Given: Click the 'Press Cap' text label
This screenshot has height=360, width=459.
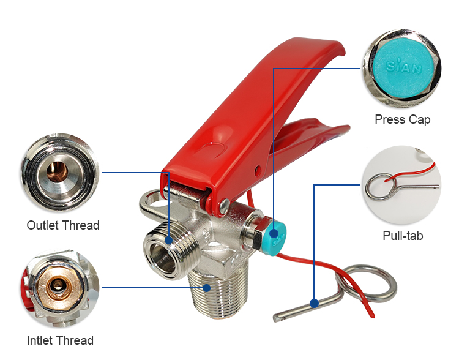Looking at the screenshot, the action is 403,119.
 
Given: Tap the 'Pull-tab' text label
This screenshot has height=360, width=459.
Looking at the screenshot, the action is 403,236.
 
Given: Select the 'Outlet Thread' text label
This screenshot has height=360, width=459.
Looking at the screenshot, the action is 63,225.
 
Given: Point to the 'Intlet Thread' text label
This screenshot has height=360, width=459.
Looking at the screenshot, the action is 60,340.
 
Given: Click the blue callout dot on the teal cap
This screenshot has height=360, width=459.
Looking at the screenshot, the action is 274,233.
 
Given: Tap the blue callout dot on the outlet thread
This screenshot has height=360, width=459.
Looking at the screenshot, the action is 169,240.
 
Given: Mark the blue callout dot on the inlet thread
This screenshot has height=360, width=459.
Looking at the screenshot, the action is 207,288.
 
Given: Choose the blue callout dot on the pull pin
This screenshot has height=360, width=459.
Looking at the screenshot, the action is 314,303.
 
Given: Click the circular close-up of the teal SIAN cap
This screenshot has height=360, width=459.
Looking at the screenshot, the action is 403,69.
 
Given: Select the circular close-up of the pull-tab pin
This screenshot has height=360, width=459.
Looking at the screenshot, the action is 401,184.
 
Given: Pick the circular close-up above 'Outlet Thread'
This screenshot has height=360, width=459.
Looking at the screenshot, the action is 60,173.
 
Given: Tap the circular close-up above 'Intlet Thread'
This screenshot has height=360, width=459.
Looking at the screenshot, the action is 60,288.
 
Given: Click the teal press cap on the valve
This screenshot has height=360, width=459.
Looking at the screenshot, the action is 275,238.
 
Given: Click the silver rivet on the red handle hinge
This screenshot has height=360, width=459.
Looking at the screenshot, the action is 225,204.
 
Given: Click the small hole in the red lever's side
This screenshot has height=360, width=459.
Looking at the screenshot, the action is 258,170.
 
